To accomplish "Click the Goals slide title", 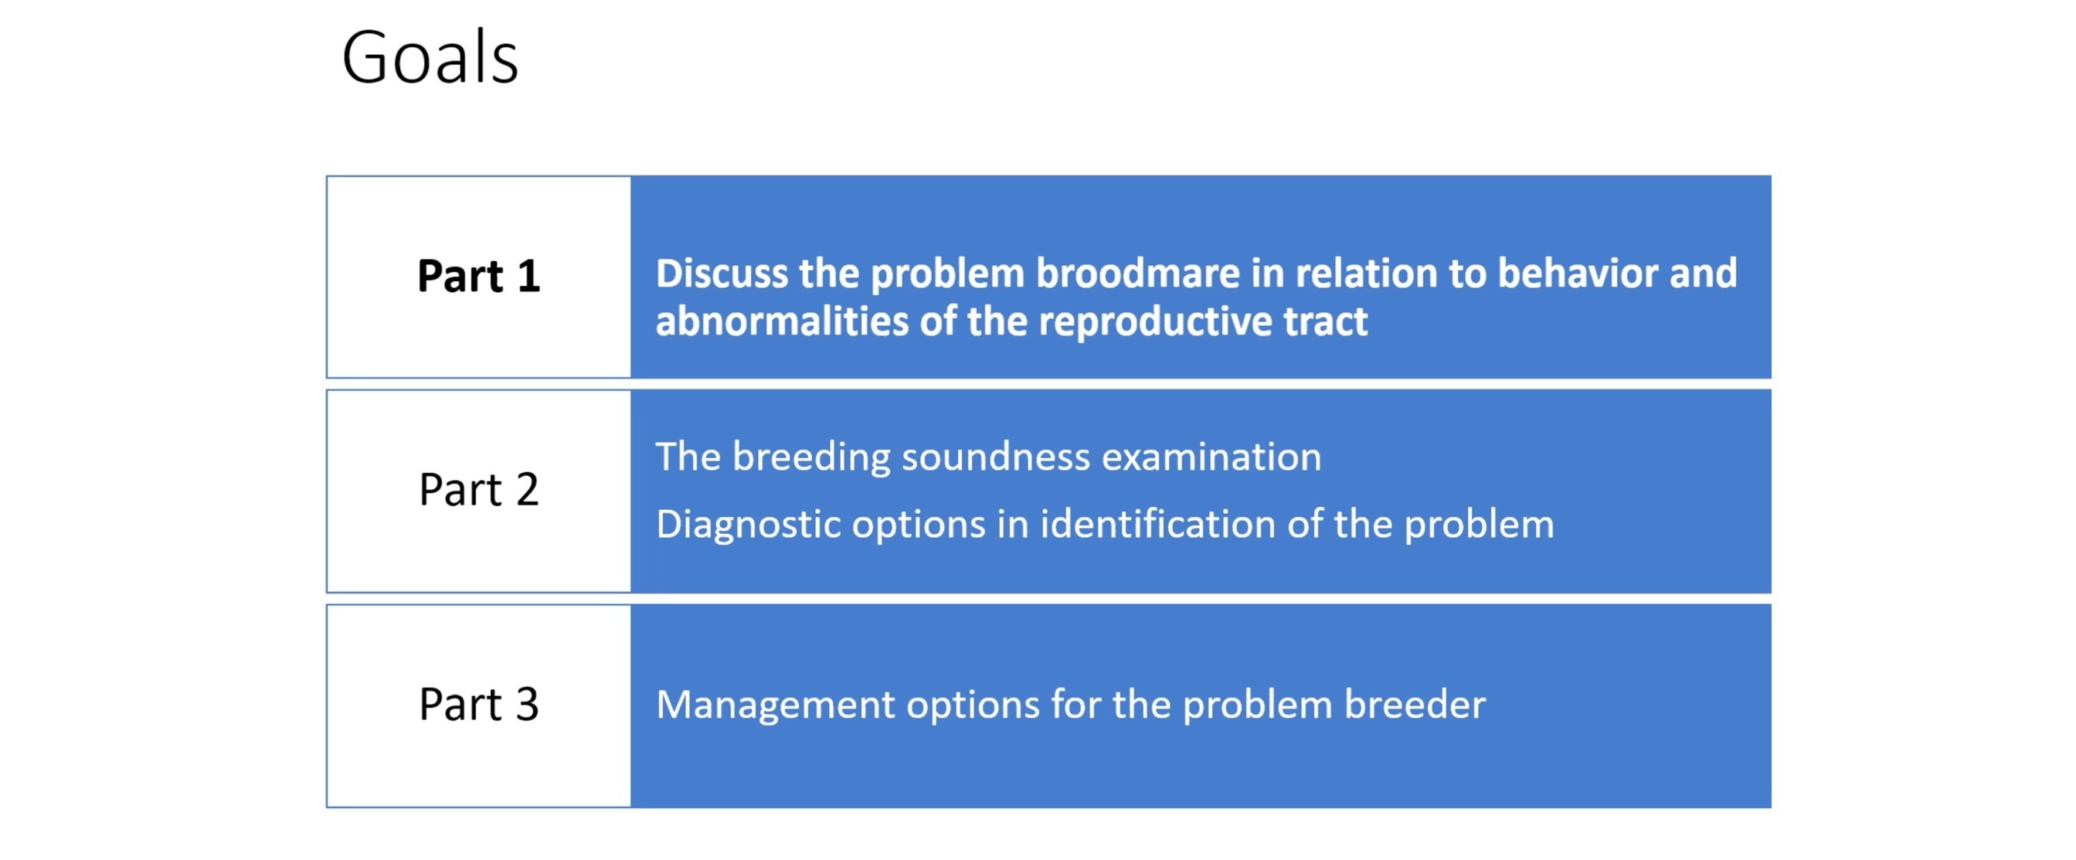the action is coord(430,57).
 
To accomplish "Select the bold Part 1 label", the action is coord(479,276).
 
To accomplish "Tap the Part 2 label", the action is coord(479,489).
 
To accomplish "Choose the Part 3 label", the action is coord(479,704).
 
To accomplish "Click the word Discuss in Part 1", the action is coord(722,274).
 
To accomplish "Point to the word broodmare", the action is coord(1137,274).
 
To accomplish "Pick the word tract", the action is coord(1326,321).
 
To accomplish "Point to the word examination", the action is coord(1211,457).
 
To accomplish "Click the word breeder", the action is coord(1415,705).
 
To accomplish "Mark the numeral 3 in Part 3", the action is coord(527,704).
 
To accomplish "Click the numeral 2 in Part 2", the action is coord(527,489).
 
